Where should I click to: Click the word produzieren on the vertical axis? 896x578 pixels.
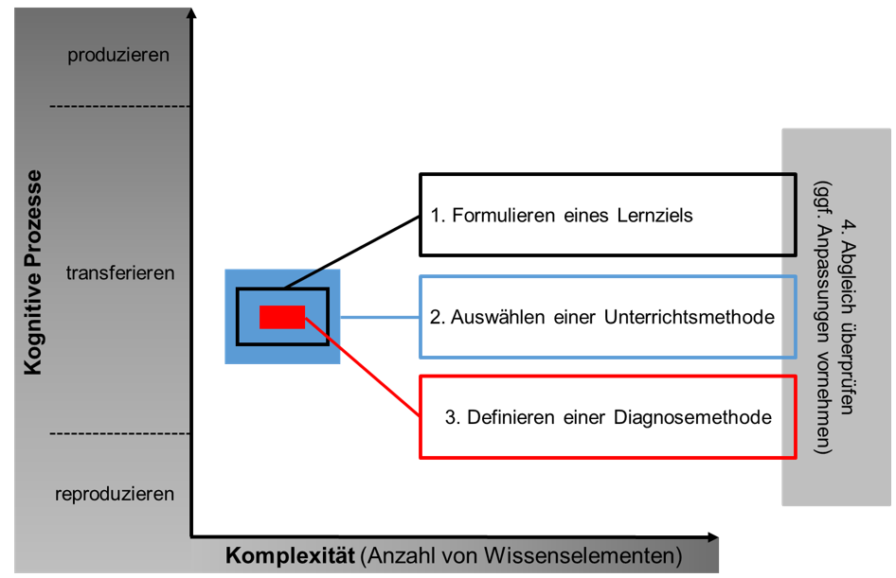(118, 56)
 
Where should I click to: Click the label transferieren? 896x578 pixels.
(120, 272)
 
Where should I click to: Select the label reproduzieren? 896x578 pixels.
(115, 494)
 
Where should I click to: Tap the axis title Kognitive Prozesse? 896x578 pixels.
(33, 272)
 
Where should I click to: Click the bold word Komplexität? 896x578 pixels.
(290, 555)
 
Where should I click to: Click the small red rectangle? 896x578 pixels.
(282, 317)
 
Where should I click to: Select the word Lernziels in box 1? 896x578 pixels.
(654, 216)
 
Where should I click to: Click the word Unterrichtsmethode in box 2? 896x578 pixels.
(690, 317)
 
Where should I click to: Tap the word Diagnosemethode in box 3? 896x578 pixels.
(692, 417)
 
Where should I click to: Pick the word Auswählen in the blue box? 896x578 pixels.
(497, 317)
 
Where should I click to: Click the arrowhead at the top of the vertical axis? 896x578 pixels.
(192, 12)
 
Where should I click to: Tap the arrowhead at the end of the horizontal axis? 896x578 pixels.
(712, 537)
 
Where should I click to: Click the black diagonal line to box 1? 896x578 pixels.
(352, 253)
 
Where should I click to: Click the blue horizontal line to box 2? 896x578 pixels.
(380, 317)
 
